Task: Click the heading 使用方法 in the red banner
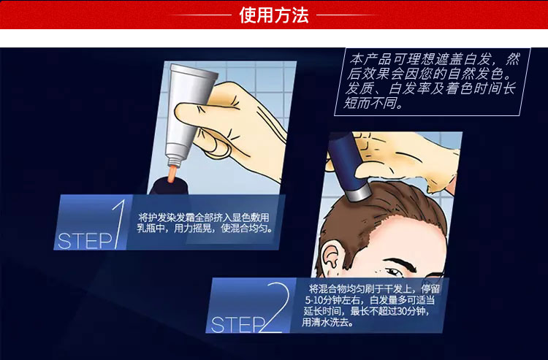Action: (x=274, y=15)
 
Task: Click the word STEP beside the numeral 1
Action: (x=85, y=241)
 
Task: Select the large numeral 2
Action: (x=275, y=307)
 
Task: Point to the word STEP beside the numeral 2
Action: (x=238, y=325)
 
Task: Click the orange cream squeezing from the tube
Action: (x=171, y=174)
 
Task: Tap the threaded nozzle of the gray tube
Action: (x=175, y=161)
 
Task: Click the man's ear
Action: (x=332, y=256)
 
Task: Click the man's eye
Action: (x=393, y=271)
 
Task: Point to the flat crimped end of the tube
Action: (x=194, y=70)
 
